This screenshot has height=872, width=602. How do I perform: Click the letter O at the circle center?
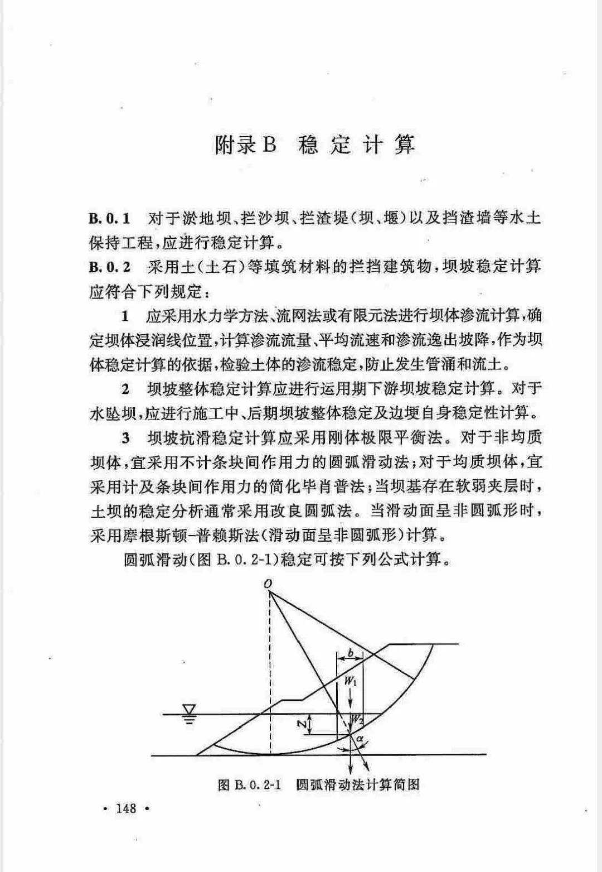click(x=269, y=584)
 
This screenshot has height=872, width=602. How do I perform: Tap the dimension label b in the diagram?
click(x=350, y=653)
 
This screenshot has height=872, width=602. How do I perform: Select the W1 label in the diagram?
click(x=350, y=681)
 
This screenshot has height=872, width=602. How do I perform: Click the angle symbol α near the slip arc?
click(x=361, y=739)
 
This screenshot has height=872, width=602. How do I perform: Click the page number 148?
click(x=127, y=808)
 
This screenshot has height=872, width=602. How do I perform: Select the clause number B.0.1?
click(x=109, y=218)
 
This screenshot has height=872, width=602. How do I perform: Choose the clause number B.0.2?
click(x=109, y=267)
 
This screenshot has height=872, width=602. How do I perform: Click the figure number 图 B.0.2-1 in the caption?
click(x=248, y=785)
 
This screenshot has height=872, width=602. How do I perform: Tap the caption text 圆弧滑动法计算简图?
click(x=358, y=785)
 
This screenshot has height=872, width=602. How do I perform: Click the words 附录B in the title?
click(x=245, y=145)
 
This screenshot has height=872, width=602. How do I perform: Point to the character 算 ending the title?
click(x=405, y=145)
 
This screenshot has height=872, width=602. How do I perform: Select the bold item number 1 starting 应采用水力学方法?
click(x=125, y=316)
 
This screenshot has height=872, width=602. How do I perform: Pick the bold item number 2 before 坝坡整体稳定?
click(x=125, y=389)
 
